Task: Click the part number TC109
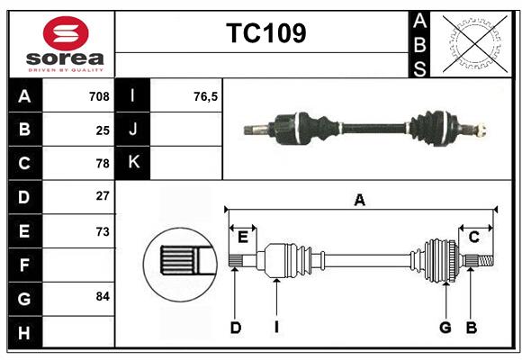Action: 265,33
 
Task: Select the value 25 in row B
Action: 103,130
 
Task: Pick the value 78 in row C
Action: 103,164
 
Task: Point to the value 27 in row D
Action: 103,196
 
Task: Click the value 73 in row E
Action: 103,231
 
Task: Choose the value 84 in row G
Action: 103,296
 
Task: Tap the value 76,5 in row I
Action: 206,96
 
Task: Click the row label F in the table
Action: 24,265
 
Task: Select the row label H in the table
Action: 24,332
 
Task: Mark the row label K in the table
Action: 133,163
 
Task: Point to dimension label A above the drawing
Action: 360,200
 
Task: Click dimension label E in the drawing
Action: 242,237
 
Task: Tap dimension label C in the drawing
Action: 473,237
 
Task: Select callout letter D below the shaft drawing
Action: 235,328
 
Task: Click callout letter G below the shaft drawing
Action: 445,328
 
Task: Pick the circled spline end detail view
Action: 180,262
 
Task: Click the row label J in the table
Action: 133,130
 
